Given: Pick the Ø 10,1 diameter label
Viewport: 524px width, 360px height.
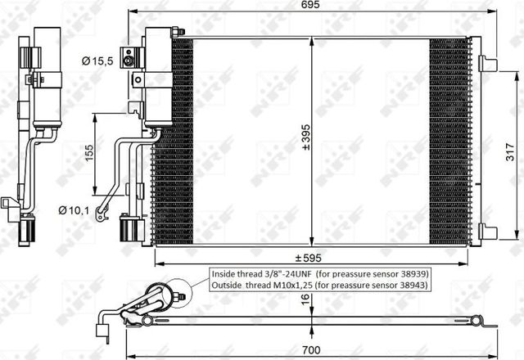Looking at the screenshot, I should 74,209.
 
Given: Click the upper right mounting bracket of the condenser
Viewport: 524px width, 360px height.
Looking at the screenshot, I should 488,63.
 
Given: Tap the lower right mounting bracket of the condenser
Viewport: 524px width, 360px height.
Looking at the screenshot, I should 488,231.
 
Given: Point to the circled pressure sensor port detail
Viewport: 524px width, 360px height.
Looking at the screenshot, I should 178,291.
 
